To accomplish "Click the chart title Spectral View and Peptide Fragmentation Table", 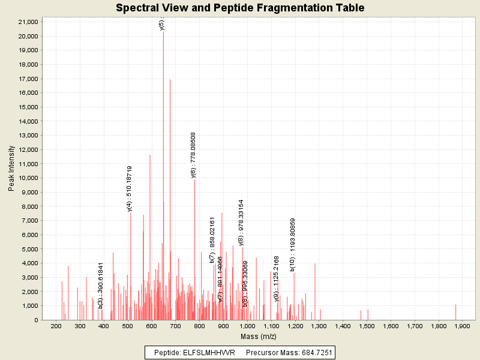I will pos(240,8).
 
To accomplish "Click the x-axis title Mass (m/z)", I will pos(259,337).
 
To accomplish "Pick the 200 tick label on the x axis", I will pos(57,326).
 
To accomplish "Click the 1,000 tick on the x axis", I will pos(247,326).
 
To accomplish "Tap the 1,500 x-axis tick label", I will pos(367,326).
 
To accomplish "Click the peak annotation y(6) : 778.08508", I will pos(194,155).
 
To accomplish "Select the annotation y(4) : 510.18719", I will pos(130,188).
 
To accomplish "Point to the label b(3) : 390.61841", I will pos(101,285).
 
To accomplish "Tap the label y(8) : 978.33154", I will pos(241,223).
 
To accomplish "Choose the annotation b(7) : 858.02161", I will pos(212,240).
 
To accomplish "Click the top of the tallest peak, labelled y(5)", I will pos(163,32).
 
